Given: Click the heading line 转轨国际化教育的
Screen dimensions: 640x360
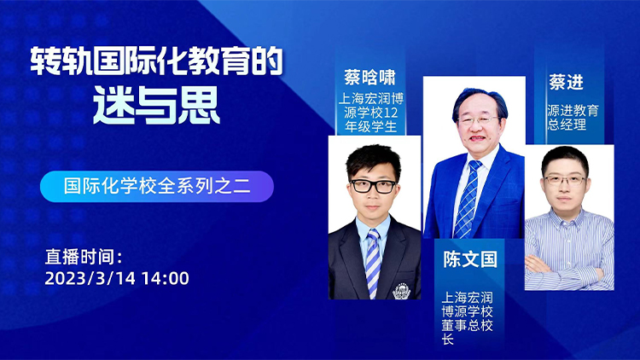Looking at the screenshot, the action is [x=157, y=61].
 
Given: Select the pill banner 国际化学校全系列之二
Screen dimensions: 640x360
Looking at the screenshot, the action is [x=157, y=187].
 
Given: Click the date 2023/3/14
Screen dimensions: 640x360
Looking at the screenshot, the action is [x=90, y=278].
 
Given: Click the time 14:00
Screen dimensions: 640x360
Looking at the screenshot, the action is [x=166, y=278].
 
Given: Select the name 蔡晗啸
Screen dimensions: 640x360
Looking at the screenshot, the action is [x=369, y=77].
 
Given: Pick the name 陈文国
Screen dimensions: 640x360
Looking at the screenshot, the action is [x=470, y=259].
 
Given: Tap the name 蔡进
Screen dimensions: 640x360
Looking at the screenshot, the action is [x=566, y=82].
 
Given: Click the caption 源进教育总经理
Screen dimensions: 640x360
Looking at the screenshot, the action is [x=573, y=117].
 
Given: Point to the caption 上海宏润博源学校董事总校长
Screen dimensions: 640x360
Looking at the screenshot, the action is [x=467, y=318].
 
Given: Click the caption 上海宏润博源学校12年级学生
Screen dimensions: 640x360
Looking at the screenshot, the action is [x=370, y=113].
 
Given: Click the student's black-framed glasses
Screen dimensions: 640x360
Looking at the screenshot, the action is [x=373, y=187].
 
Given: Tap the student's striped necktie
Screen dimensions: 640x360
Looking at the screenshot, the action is [x=373, y=264].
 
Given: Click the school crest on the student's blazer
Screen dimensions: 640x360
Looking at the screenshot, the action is [x=401, y=291].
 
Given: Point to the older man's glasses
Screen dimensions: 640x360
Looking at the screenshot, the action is [x=478, y=120].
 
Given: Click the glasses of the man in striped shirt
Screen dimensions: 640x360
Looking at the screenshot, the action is [x=565, y=180].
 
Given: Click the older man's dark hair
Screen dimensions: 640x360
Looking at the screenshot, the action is [x=480, y=100].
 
